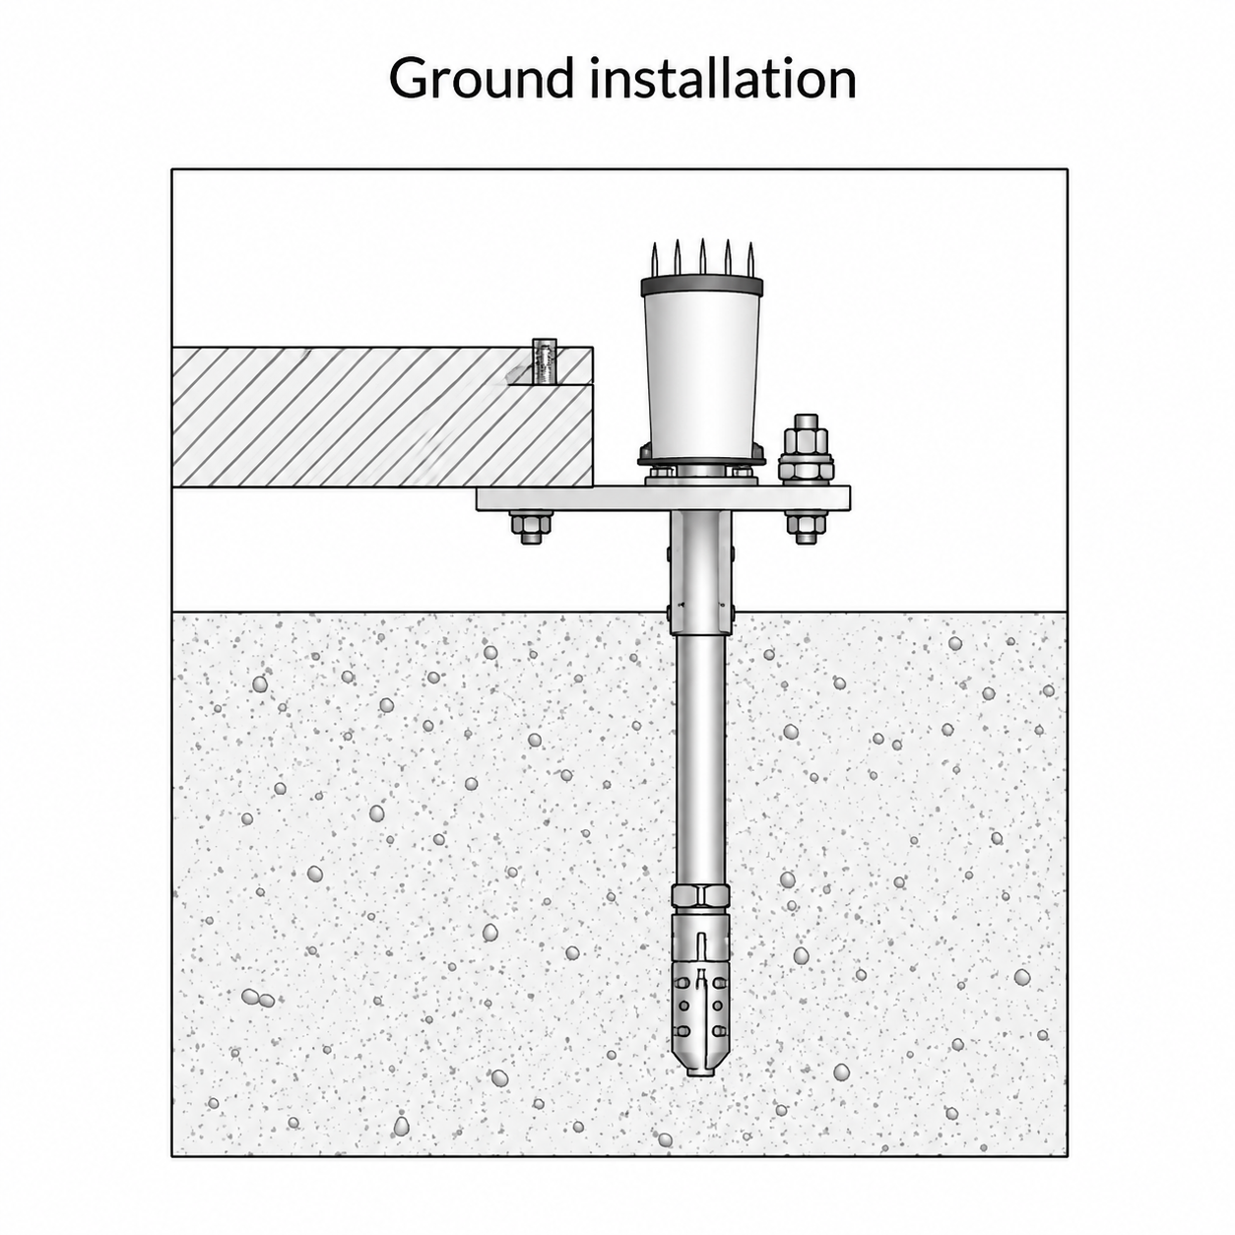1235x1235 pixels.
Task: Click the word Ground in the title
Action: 480,78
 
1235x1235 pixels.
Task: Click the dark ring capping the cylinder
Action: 702,286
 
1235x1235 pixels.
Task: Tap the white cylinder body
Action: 702,371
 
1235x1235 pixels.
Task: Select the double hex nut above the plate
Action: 807,448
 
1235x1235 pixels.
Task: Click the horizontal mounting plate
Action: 663,498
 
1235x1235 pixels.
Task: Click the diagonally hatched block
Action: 382,418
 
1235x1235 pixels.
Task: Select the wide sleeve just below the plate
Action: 700,573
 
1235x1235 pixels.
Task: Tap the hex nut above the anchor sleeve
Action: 701,896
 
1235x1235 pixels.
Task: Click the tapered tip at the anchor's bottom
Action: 702,1064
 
